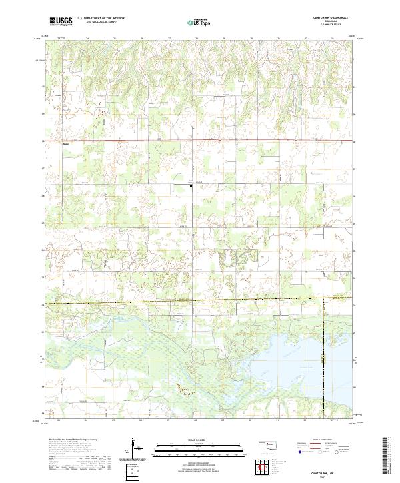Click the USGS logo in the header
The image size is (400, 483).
coord(61,21)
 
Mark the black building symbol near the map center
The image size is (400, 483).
coord(191,186)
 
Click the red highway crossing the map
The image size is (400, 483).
coord(200,141)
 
